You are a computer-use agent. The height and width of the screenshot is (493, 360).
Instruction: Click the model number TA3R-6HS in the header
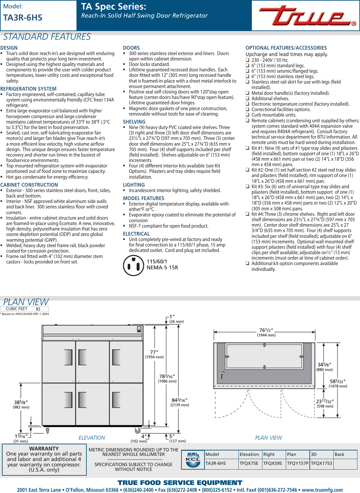pyautogui.click(x=23, y=18)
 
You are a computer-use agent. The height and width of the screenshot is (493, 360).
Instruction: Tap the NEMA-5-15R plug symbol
pyautogui.click(x=133, y=265)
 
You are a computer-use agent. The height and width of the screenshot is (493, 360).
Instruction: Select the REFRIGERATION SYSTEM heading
pyautogui.click(x=28, y=89)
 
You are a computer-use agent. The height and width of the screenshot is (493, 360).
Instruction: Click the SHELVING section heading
pyautogui.click(x=134, y=122)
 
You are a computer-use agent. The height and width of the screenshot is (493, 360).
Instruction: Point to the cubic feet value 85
pyautogui.click(x=38, y=309)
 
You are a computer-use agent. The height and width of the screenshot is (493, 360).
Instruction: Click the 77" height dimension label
pyautogui.click(x=154, y=352)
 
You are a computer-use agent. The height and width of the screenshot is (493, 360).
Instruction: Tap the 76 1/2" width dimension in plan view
pyautogui.click(x=266, y=330)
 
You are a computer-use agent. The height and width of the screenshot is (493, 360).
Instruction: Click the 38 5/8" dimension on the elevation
pyautogui.click(x=21, y=402)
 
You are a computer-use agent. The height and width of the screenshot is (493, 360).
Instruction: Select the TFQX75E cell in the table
pyautogui.click(x=249, y=463)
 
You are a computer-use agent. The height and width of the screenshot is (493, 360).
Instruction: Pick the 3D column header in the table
pyautogui.click(x=314, y=454)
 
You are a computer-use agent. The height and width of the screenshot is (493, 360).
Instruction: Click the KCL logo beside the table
pyautogui.click(x=193, y=460)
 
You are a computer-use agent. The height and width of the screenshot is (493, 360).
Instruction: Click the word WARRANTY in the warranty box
pyautogui.click(x=44, y=449)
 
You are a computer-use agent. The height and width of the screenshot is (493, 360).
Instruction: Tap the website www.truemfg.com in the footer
pyautogui.click(x=322, y=490)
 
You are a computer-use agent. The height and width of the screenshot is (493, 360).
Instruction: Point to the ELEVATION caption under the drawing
pyautogui.click(x=92, y=438)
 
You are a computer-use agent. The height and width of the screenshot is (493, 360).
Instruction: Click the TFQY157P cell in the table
pyautogui.click(x=298, y=463)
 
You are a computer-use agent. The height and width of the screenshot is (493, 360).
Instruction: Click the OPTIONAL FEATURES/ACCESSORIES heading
pyautogui.click(x=286, y=48)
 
